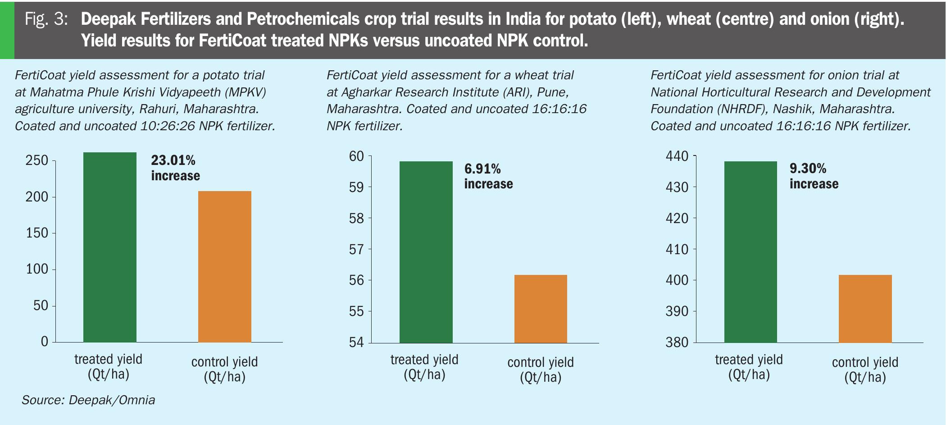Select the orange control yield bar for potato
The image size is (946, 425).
[x=225, y=266]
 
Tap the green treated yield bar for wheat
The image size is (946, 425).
[x=426, y=252]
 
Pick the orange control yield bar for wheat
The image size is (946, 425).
[x=541, y=309]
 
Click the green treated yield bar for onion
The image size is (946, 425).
[x=750, y=252]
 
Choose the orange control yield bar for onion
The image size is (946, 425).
[x=865, y=309]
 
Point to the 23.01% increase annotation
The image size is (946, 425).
[x=175, y=168]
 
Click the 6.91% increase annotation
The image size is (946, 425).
[x=488, y=176]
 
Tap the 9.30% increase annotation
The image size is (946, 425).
[x=814, y=176]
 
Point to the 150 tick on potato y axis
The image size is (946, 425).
[x=37, y=233]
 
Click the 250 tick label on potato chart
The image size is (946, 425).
[x=37, y=160]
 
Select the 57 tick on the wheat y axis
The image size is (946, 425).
[x=356, y=249]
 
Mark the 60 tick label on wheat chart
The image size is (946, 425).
[x=356, y=156]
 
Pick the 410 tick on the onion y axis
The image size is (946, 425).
[x=677, y=249]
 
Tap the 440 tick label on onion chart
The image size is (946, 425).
[x=677, y=156]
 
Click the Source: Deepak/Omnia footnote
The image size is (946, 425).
[x=88, y=400]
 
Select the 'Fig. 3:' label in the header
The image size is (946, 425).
[x=46, y=19]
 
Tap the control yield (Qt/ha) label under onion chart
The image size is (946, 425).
[x=865, y=370]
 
